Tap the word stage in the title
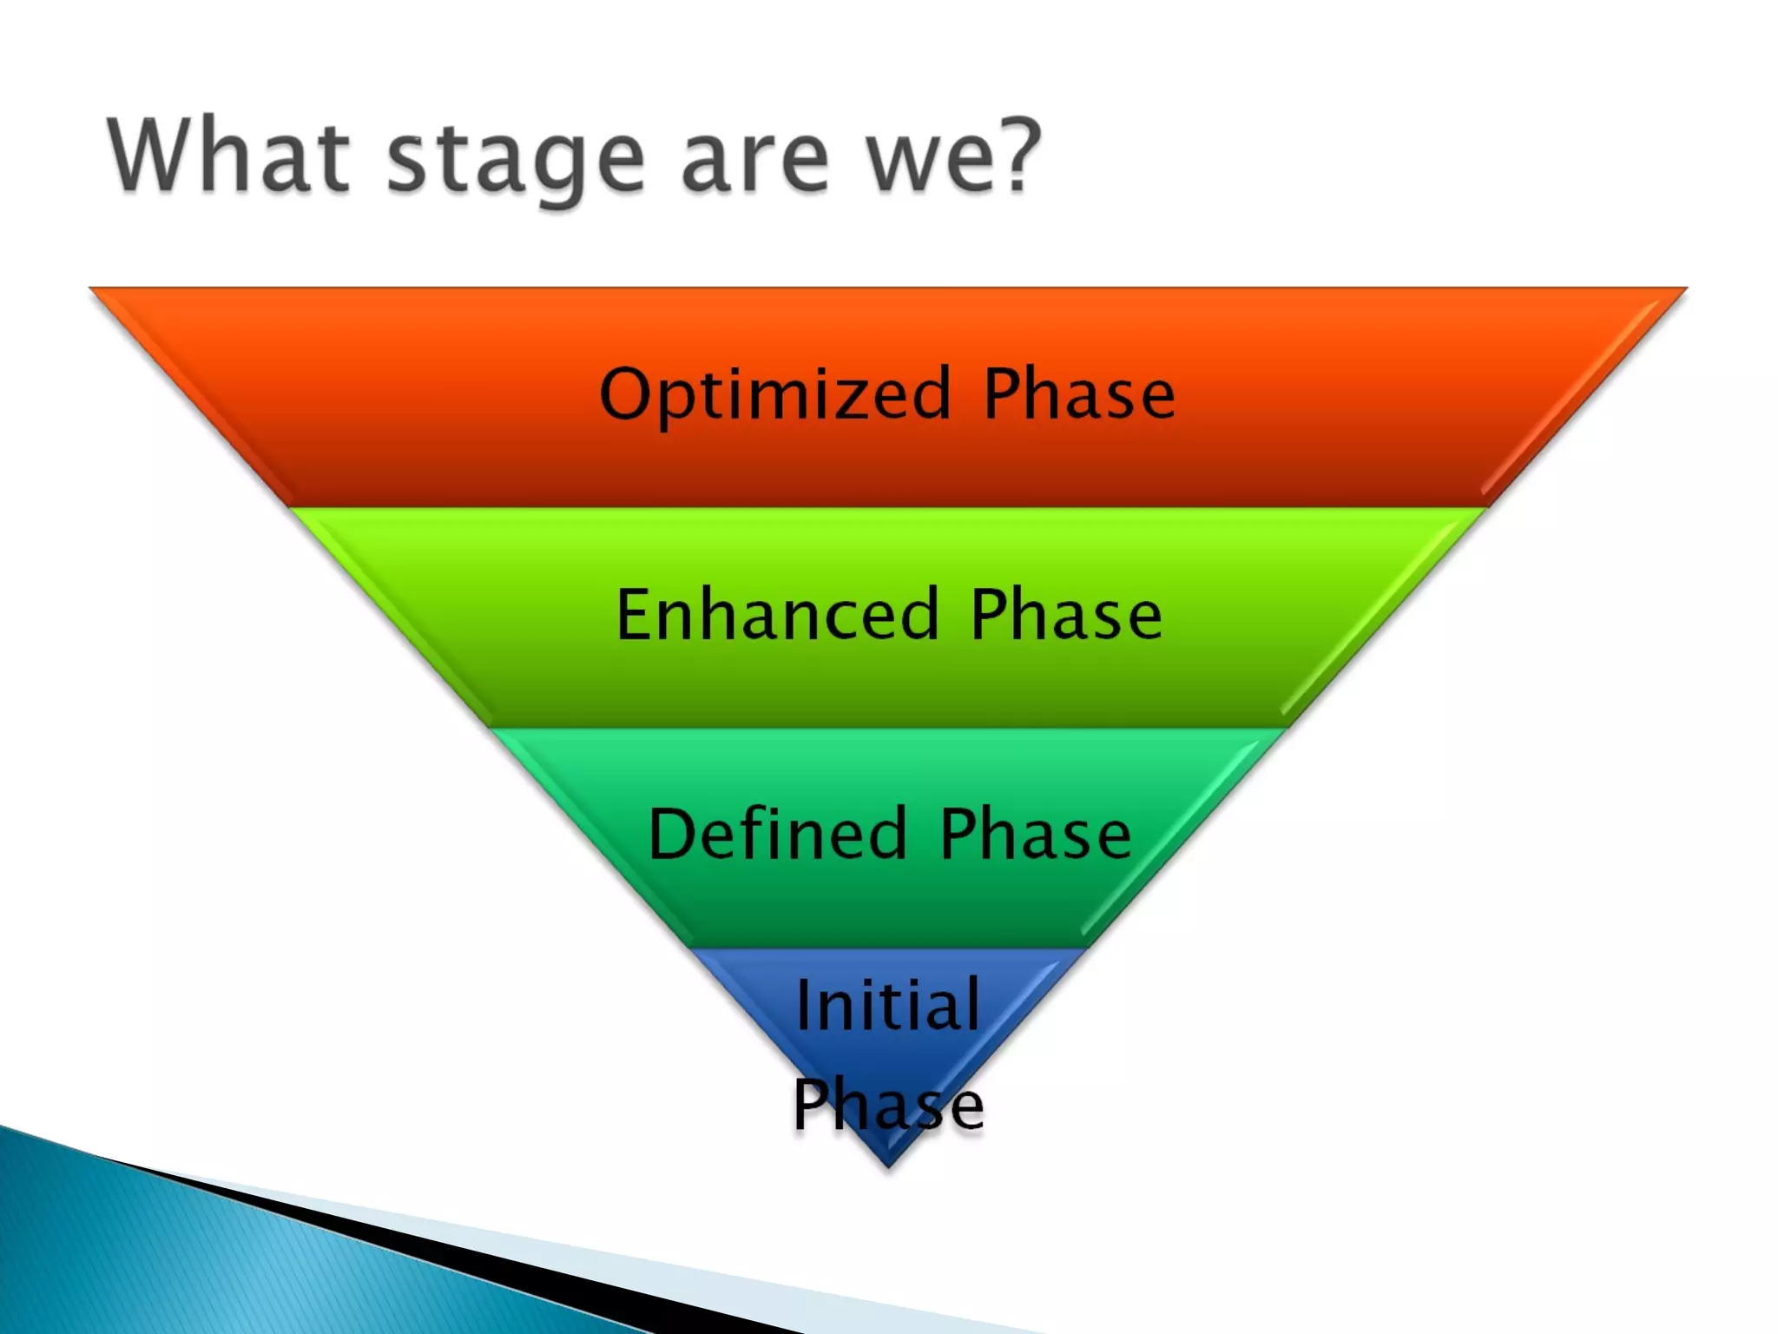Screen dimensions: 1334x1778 pos(516,161)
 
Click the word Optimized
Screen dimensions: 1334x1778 pos(775,395)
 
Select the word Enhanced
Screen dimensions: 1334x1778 pos(778,614)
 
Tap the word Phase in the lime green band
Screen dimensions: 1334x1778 pos(1066,614)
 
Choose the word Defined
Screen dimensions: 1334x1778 pos(778,834)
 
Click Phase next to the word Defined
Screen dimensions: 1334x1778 pos(1036,834)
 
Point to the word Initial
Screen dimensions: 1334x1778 pos(888,1005)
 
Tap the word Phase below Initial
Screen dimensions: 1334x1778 pos(888,1105)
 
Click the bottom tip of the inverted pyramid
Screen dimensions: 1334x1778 pos(887,1166)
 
